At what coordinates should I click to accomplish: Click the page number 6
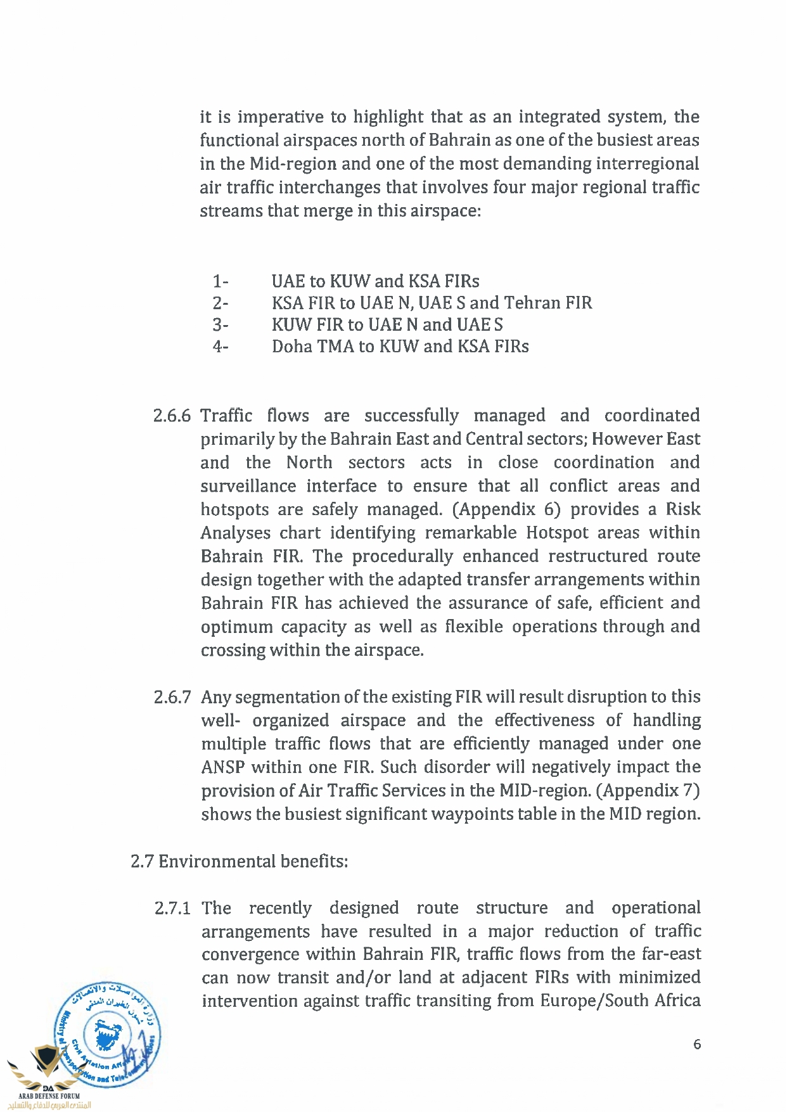697,1044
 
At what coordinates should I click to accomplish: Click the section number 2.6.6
172,416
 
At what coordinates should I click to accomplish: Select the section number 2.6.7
172,698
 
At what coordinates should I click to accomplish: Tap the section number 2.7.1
172,909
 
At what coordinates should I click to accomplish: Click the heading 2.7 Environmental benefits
239,862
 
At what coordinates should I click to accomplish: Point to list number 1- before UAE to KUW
221,281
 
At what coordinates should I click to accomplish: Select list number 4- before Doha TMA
221,347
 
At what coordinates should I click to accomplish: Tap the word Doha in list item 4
292,347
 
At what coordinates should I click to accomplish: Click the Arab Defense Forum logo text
49,1096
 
